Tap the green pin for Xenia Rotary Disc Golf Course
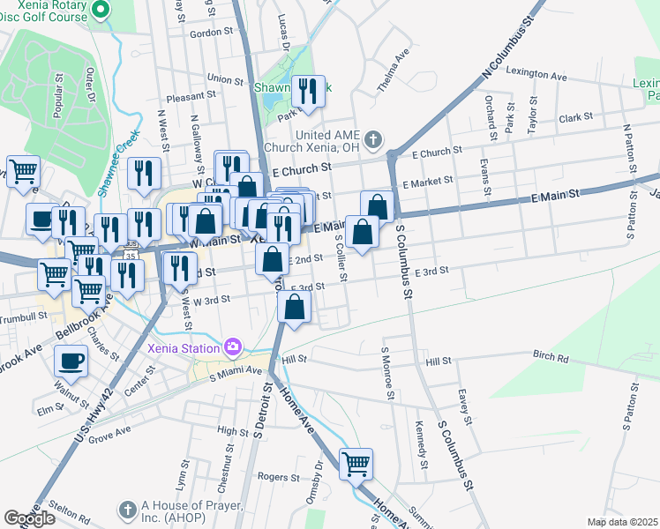(x=100, y=11)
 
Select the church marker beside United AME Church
(x=373, y=139)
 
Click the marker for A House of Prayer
(x=127, y=510)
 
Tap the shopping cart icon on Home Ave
(x=356, y=463)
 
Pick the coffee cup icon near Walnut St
(x=71, y=360)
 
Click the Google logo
(x=29, y=518)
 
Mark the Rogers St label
(x=274, y=477)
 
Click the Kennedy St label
(x=420, y=448)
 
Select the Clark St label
(x=574, y=117)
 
